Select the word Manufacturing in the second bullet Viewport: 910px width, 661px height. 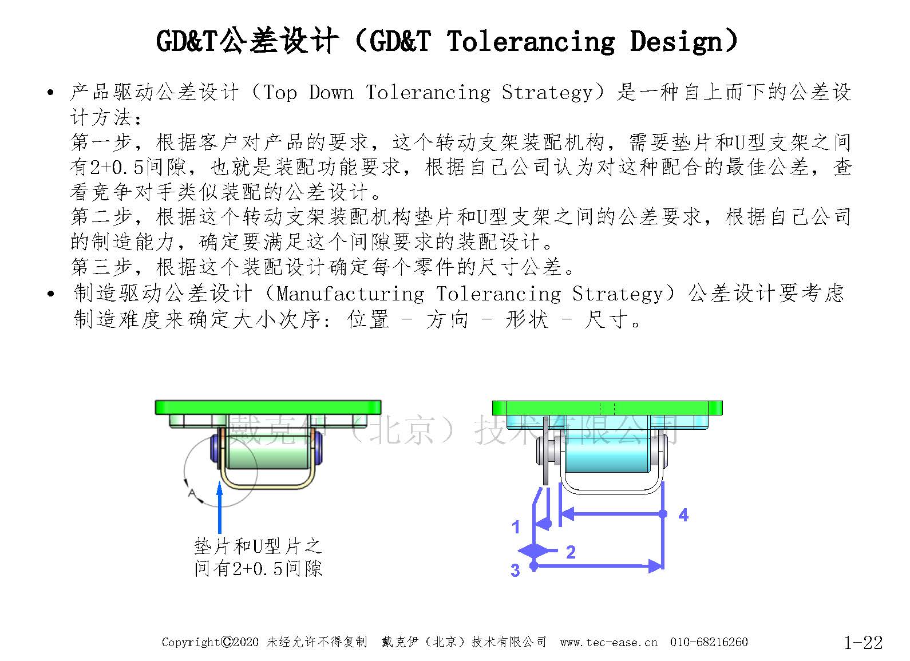(350, 294)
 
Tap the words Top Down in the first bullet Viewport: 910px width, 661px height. (308, 93)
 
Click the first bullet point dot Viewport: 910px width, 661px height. (50, 93)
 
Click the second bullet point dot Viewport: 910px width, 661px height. (50, 294)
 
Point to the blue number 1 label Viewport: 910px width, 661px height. (516, 527)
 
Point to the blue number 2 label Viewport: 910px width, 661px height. (571, 552)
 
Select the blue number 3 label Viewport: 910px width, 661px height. (515, 571)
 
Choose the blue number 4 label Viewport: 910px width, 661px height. (683, 515)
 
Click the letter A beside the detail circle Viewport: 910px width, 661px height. (192, 494)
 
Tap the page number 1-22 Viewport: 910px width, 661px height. (863, 642)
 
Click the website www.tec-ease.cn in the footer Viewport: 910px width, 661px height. (608, 642)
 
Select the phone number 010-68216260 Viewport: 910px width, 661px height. (709, 642)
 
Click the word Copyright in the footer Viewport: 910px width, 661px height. (191, 642)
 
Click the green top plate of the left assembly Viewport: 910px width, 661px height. (268, 407)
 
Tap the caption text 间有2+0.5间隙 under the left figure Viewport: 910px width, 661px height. (258, 568)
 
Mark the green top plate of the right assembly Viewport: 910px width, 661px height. (607, 408)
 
